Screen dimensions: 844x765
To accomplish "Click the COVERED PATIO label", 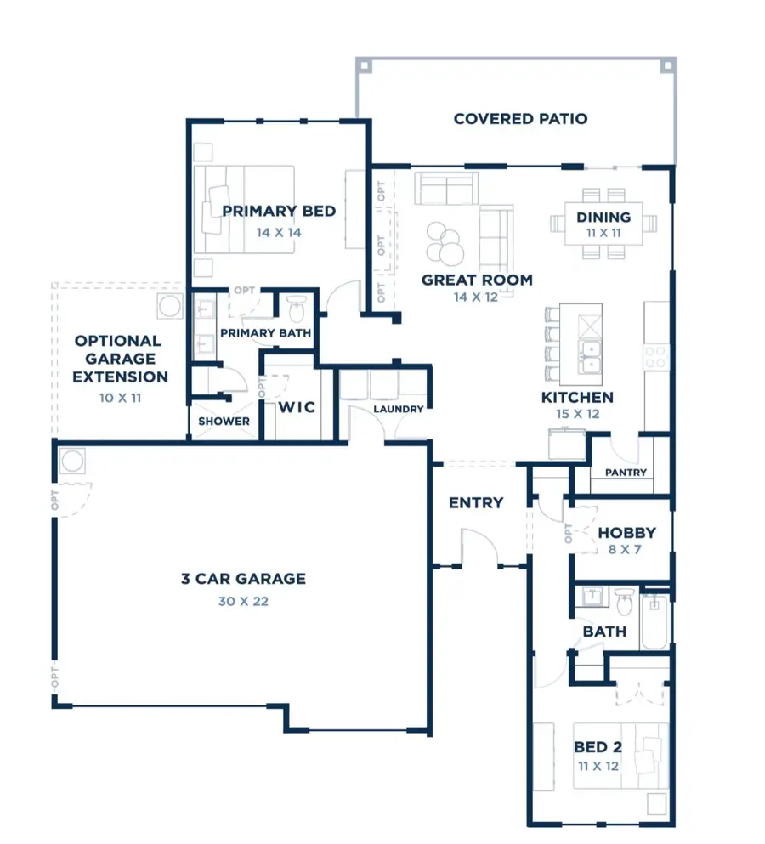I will pyautogui.click(x=520, y=119).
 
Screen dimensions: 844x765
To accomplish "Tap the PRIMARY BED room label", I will pyautogui.click(x=279, y=212).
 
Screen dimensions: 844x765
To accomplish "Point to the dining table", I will pyautogui.click(x=603, y=224).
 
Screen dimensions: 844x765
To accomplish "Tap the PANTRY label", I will pyautogui.click(x=626, y=473).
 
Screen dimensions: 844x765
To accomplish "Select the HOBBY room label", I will pyautogui.click(x=626, y=533).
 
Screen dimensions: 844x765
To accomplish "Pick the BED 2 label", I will pyautogui.click(x=597, y=747).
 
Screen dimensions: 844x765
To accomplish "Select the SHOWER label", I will pyautogui.click(x=224, y=421).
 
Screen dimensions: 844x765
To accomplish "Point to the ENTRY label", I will pyautogui.click(x=476, y=502).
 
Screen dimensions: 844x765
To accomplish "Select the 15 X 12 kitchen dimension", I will pyautogui.click(x=577, y=415).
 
